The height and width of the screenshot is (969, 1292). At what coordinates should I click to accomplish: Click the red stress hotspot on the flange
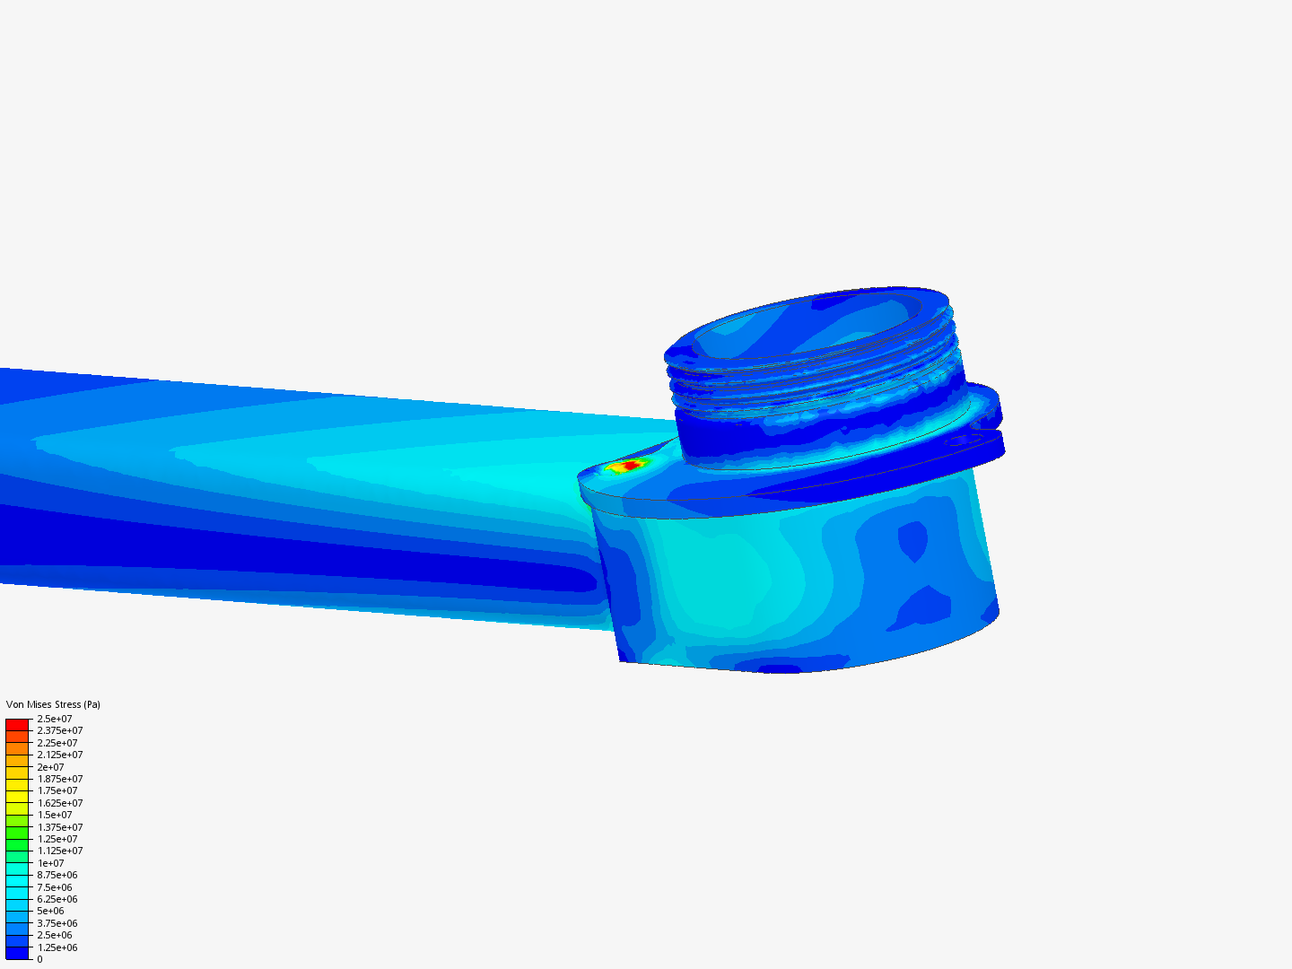[x=632, y=465]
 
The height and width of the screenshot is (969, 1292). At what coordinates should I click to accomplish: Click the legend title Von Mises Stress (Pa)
[x=53, y=704]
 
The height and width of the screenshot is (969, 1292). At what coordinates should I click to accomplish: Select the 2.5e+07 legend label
[x=54, y=719]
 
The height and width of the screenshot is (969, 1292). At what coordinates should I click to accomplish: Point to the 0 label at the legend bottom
[x=39, y=959]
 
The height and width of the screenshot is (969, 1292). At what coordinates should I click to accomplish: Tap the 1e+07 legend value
[x=50, y=863]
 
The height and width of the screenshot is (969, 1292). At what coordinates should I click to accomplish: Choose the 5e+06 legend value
[x=50, y=911]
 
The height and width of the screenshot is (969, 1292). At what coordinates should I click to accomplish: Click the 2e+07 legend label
[x=50, y=767]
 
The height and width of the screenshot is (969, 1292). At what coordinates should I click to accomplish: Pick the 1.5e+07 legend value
[x=54, y=815]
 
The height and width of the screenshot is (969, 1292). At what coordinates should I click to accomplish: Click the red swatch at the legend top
[x=17, y=723]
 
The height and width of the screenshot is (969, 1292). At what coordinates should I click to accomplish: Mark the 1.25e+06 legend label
[x=57, y=947]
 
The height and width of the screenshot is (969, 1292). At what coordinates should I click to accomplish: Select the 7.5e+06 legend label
[x=54, y=887]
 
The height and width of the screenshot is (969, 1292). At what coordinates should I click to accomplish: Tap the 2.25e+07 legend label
[x=57, y=743]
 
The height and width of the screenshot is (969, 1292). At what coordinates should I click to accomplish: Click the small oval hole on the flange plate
[x=965, y=441]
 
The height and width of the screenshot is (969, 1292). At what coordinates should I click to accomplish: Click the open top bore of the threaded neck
[x=807, y=327]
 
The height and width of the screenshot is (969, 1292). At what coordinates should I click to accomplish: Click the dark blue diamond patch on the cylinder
[x=913, y=541]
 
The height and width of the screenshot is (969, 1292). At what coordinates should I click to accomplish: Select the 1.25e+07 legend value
[x=57, y=839]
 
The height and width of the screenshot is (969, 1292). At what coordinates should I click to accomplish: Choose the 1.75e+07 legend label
[x=57, y=790]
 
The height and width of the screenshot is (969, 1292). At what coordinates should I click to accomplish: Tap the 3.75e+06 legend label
[x=57, y=923]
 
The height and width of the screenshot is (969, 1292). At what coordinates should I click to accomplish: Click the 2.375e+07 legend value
[x=59, y=730]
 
